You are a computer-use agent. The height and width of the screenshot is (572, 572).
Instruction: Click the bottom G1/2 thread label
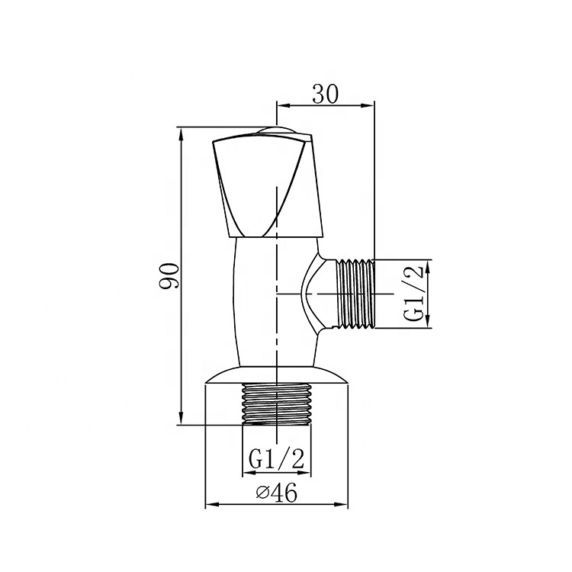[277, 458]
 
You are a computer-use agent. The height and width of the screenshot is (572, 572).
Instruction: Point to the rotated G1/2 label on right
[414, 294]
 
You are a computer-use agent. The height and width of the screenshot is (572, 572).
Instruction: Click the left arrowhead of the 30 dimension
[280, 105]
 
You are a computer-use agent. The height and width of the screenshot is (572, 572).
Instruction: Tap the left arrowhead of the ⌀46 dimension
[210, 505]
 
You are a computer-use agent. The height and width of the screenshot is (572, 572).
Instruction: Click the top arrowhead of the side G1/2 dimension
[428, 264]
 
